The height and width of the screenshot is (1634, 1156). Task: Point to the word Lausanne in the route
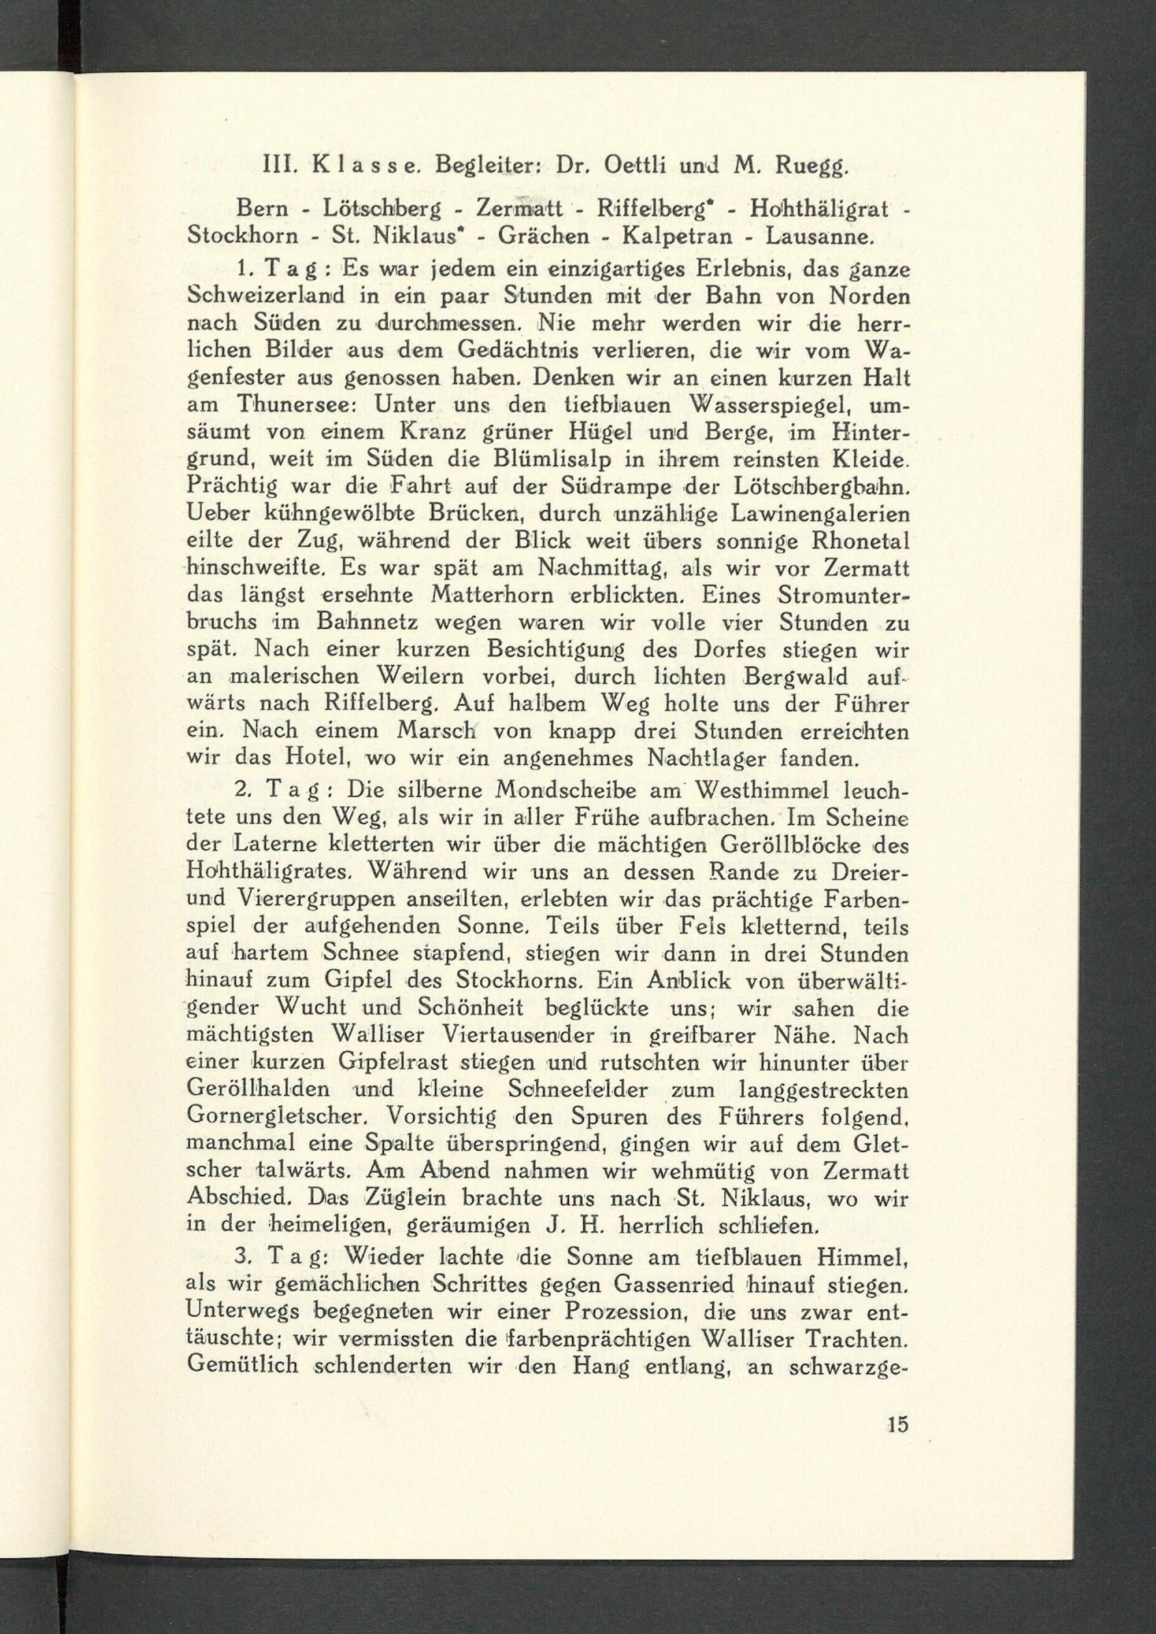818,236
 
